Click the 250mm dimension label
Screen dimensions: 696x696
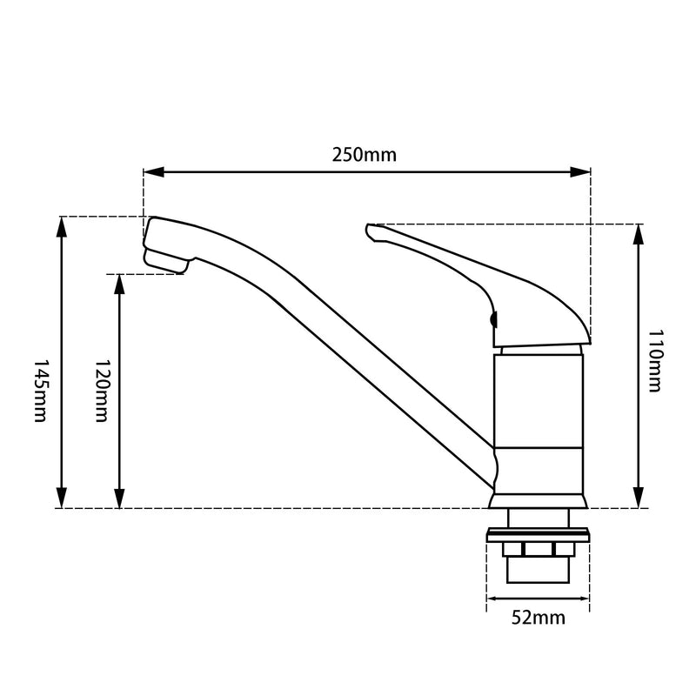tap(364, 156)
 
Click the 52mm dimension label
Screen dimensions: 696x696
tap(538, 619)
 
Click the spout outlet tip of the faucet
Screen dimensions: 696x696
tap(165, 261)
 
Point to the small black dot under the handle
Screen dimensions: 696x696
tap(494, 320)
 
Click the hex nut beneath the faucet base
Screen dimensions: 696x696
tap(538, 550)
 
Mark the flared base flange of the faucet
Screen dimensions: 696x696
tap(538, 499)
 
